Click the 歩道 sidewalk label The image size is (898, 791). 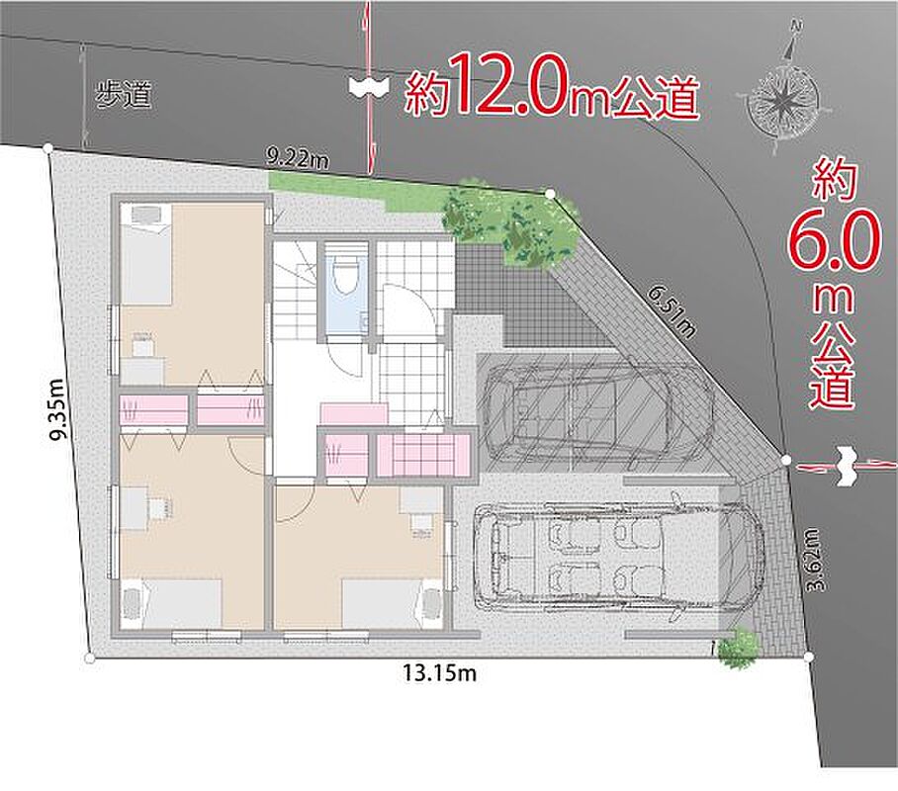[x=124, y=94]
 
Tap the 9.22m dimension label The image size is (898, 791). [x=298, y=157]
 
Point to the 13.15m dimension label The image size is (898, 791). [x=439, y=672]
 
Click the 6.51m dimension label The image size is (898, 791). [x=673, y=311]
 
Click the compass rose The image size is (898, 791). [x=782, y=99]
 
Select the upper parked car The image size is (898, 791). [x=599, y=411]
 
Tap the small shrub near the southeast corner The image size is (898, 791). [x=738, y=648]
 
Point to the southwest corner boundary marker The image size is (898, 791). [x=89, y=659]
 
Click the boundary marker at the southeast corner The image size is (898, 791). [x=809, y=657]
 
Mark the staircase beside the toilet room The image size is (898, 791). [x=296, y=291]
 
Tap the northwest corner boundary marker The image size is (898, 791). [x=48, y=149]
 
